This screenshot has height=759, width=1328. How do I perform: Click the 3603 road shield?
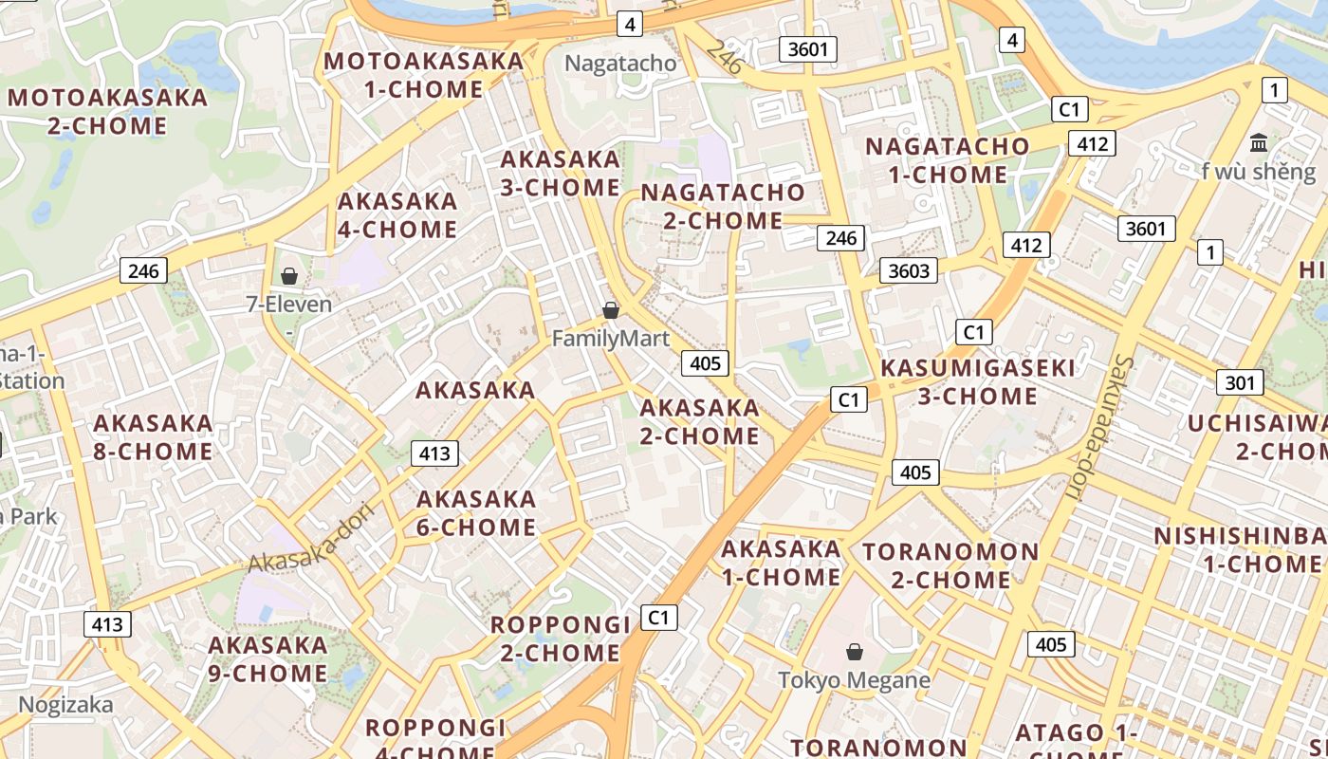(909, 270)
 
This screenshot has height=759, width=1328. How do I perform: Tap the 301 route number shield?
(1240, 382)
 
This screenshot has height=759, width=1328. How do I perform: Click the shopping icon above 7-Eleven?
(288, 276)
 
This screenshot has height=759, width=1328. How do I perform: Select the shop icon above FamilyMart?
(611, 310)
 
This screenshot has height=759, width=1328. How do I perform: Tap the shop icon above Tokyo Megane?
(855, 652)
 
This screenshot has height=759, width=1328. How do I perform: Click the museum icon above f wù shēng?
(1259, 143)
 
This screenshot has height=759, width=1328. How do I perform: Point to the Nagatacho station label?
(621, 64)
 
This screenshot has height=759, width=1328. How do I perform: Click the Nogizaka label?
(65, 705)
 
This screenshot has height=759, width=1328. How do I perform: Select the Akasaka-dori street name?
(313, 537)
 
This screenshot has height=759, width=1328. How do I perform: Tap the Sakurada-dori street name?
(1101, 427)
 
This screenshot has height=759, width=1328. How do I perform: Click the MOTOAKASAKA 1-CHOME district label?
(424, 75)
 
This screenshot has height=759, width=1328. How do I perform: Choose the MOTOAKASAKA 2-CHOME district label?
(107, 111)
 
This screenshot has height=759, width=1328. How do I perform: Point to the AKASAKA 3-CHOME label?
(561, 173)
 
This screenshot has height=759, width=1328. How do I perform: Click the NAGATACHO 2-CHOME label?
(723, 206)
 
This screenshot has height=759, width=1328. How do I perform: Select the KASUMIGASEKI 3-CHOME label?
(978, 381)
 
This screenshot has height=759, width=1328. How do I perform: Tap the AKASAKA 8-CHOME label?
(153, 436)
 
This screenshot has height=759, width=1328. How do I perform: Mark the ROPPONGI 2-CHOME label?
(560, 639)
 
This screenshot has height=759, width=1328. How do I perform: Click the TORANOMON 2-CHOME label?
(950, 565)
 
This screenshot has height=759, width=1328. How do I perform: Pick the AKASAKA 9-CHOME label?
(267, 659)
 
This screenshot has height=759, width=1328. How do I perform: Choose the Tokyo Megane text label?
(854, 680)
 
